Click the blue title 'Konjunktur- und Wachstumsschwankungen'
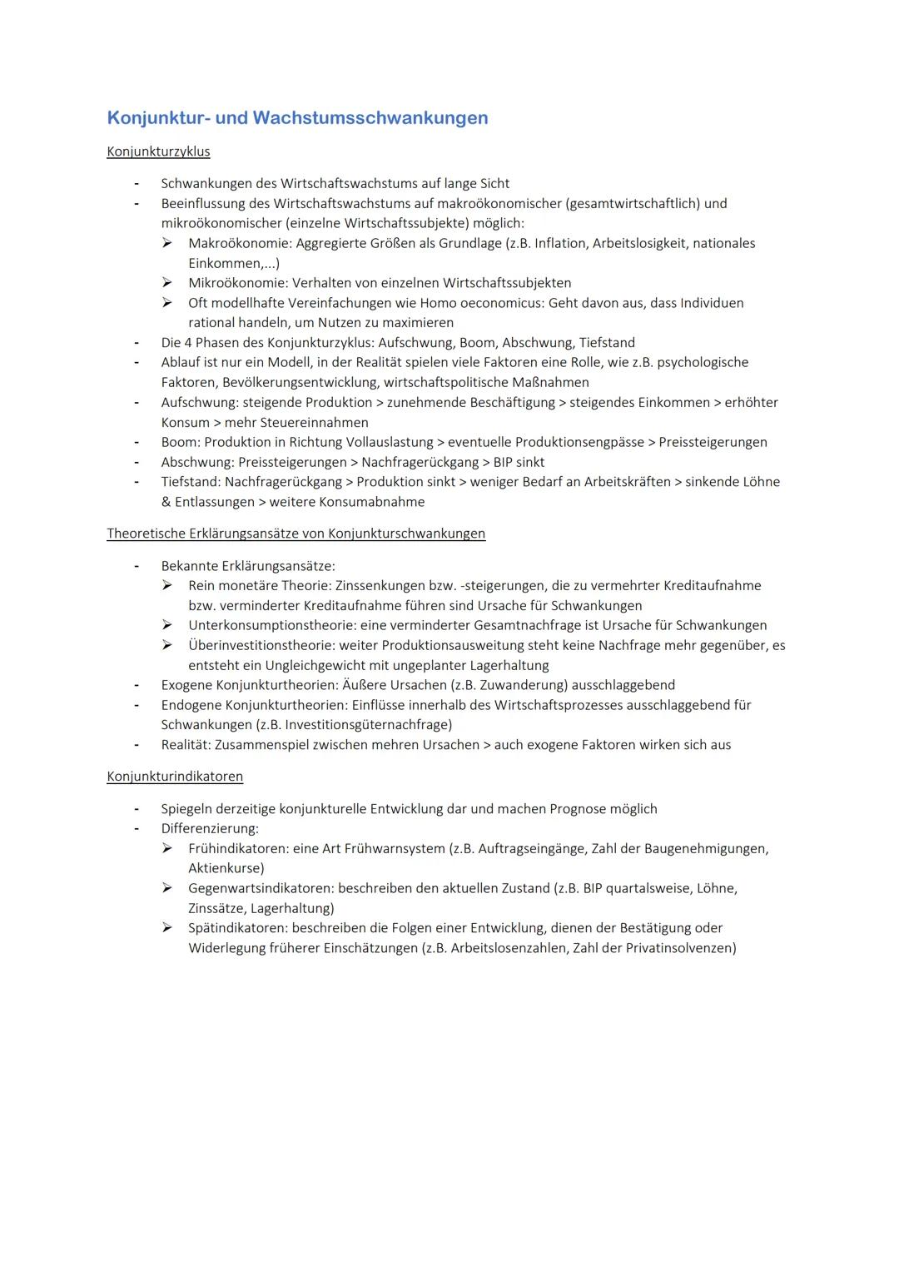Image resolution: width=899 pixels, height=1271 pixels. tap(297, 118)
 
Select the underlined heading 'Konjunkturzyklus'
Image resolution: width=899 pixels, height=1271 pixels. tap(158, 151)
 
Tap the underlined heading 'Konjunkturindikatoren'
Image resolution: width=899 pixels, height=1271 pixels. tap(175, 777)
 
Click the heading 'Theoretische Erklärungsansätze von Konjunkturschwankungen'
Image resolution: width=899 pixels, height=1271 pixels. tap(296, 534)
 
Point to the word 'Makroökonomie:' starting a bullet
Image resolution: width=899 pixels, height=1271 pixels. tap(240, 243)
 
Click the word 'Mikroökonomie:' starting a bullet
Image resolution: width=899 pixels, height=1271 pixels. tap(238, 283)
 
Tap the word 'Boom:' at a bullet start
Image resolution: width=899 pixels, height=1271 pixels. tap(181, 442)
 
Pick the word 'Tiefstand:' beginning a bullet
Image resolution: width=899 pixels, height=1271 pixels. tap(191, 482)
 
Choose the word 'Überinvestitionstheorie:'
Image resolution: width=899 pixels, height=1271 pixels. tap(261, 645)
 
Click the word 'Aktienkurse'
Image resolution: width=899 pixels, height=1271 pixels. tap(224, 868)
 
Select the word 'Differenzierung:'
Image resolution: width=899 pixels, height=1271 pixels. tap(210, 829)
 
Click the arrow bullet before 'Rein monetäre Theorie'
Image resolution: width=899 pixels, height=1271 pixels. tap(167, 585)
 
